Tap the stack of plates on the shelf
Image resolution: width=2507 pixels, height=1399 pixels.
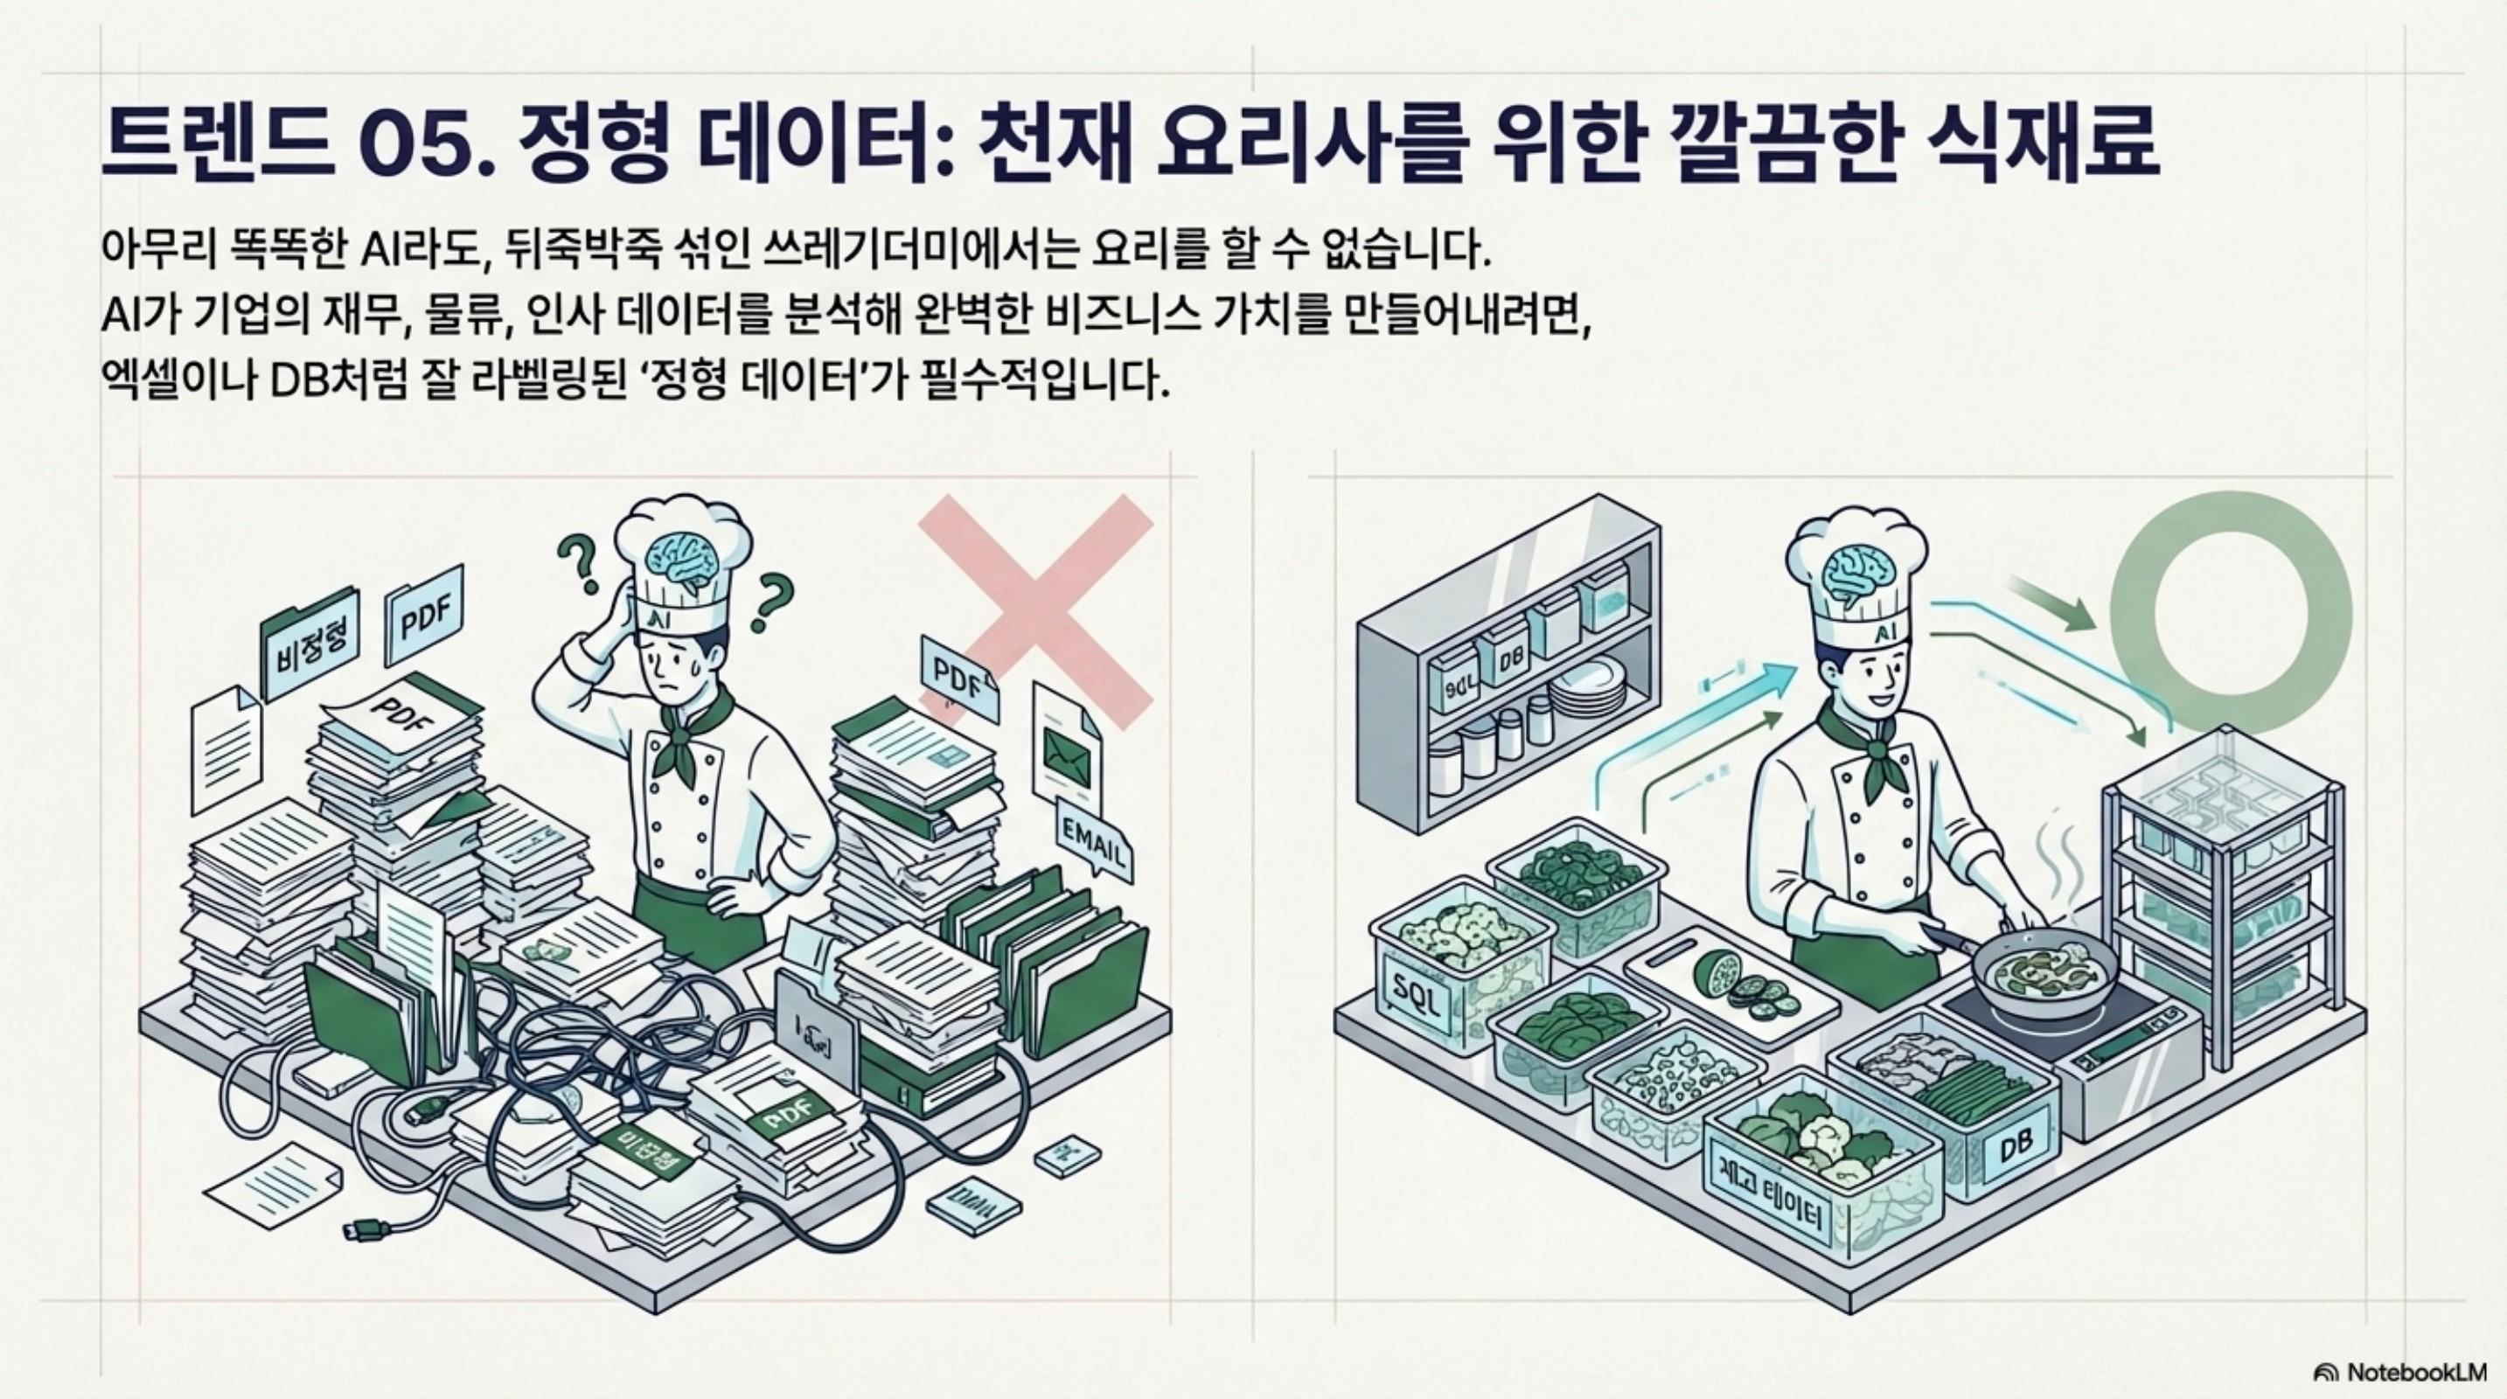click(x=1587, y=688)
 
